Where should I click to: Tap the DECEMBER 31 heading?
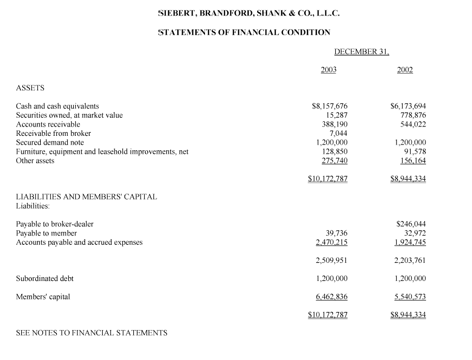click(361, 52)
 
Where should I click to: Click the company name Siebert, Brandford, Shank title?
click(249, 13)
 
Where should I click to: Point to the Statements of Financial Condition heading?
click(244, 32)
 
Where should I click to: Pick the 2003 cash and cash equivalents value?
click(330, 106)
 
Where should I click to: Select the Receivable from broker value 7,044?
click(338, 133)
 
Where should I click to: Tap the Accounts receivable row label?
click(48, 124)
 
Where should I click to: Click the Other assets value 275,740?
click(334, 161)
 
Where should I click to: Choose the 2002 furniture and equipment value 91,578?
click(414, 151)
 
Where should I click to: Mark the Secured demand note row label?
click(50, 143)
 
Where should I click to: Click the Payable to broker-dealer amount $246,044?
click(411, 224)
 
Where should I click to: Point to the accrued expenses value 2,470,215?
click(332, 242)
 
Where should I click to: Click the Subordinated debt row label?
click(45, 278)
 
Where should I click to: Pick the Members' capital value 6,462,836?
click(332, 296)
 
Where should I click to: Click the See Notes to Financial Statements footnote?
click(92, 333)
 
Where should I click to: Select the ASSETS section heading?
click(30, 88)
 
